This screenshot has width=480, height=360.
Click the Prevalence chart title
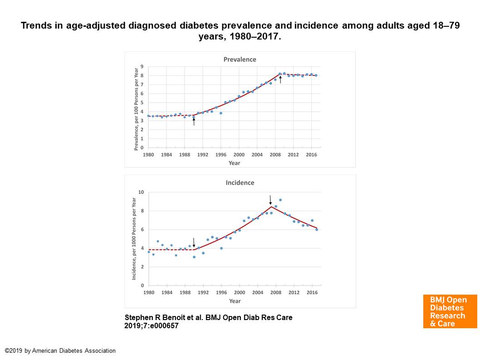[240, 59]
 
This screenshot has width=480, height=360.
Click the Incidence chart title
[240, 183]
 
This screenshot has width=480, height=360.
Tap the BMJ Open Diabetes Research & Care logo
[450, 311]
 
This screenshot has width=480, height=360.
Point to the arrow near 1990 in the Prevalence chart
[194, 121]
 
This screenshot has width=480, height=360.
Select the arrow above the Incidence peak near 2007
[270, 200]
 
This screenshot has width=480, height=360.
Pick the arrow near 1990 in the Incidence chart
[194, 242]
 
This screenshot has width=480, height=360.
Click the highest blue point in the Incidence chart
[280, 200]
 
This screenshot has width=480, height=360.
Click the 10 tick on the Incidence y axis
[141, 192]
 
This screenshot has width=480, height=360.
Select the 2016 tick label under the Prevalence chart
[312, 155]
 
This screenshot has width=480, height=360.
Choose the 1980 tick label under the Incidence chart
[148, 293]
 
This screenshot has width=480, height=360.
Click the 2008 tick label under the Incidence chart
[275, 293]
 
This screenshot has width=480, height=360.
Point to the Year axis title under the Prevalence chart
[235, 163]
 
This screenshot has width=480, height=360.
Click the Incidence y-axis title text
[134, 238]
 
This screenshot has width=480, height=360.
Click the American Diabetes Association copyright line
[60, 351]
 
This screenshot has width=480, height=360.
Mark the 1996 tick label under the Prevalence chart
[221, 155]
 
